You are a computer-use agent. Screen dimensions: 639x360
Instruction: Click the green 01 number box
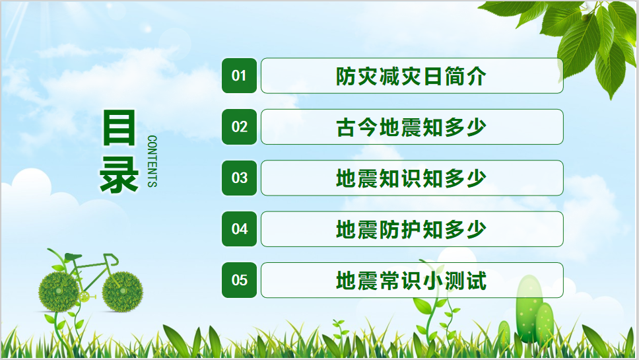coord(239,75)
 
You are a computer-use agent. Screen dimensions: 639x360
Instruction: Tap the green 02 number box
coord(239,127)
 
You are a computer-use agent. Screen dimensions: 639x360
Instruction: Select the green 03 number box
coord(239,178)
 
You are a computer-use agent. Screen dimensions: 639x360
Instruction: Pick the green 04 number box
coord(239,229)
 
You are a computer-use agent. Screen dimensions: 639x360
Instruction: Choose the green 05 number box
coord(239,280)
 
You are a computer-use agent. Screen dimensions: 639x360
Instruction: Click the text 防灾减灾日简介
coord(411,76)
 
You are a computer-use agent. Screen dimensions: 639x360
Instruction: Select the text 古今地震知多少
coord(411,127)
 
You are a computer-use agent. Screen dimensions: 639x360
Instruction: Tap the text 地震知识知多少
coord(411,178)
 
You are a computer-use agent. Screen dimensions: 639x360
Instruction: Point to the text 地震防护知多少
coord(411,229)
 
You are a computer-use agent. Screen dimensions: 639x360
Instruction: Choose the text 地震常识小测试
coord(411,281)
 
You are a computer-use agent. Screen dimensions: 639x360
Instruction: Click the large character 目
coord(119,127)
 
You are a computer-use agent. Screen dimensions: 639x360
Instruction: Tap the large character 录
coord(119,174)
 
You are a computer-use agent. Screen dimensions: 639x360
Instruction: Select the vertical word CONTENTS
coord(152,161)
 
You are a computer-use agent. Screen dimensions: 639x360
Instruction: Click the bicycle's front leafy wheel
coord(122,291)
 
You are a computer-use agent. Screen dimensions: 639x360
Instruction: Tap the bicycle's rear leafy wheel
coord(59,292)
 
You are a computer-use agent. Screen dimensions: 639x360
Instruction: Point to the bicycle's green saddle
coord(73,257)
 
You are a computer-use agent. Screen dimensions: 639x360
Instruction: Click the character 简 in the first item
coord(454,76)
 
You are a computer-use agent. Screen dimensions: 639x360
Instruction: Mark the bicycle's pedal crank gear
coord(84,297)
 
